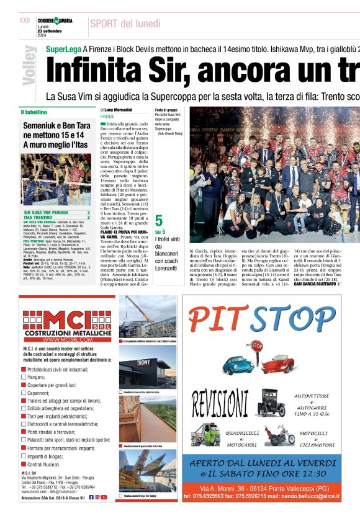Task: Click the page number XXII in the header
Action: pos(25,20)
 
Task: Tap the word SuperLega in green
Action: pos(63,49)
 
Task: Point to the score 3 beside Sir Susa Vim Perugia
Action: pos(88,213)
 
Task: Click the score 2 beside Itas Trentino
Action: pos(88,217)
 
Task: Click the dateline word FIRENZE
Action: pos(107,117)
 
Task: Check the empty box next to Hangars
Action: pos(24,376)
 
